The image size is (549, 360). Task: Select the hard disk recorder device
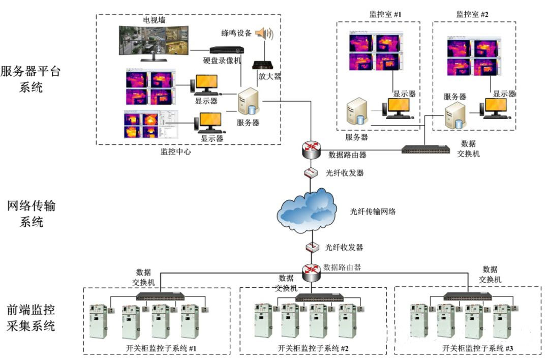tap(227, 50)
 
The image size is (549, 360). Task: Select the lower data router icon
tap(311, 273)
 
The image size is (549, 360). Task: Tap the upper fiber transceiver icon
tap(311, 173)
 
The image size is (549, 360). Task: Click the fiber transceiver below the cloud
tap(311, 247)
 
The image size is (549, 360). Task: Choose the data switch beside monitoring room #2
tap(425, 149)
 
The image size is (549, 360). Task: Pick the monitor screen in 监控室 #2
tap(495, 106)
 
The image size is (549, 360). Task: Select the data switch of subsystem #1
tap(160, 296)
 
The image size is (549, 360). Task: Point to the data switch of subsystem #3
tap(467, 296)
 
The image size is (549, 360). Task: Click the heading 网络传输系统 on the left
tap(32, 214)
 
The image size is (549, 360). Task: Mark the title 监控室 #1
tap(385, 14)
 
